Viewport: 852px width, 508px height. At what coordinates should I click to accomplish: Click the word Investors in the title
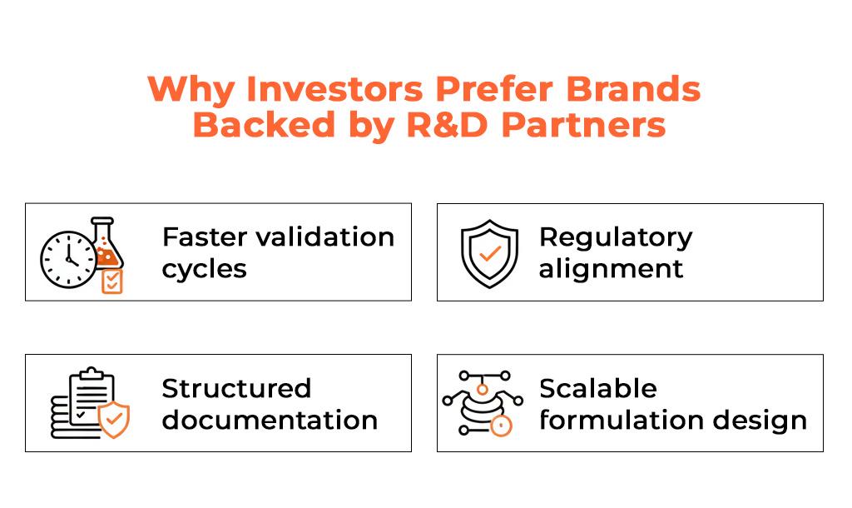(x=334, y=88)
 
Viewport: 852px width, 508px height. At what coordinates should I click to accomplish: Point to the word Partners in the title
(x=583, y=125)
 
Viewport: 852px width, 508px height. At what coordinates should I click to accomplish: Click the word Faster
(x=205, y=237)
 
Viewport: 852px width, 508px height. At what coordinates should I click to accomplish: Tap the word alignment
(x=611, y=269)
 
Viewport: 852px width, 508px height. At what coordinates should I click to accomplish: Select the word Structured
(x=236, y=388)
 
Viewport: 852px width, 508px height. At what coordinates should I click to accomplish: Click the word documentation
(x=270, y=420)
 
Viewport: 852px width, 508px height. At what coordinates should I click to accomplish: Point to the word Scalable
(x=598, y=388)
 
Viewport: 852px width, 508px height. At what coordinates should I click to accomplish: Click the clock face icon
(x=68, y=260)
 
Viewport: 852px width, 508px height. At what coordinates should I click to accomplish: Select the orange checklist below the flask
(x=112, y=281)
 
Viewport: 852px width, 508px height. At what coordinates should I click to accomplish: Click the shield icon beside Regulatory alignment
(x=489, y=253)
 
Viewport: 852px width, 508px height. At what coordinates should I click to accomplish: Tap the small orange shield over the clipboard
(x=114, y=420)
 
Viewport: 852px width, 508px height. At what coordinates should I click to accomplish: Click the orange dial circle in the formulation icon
(x=500, y=426)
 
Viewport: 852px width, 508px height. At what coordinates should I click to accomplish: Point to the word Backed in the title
(x=264, y=125)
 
